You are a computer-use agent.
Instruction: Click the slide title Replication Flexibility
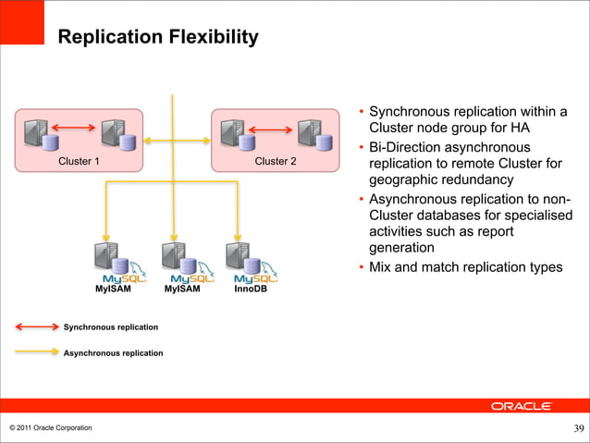tap(157, 37)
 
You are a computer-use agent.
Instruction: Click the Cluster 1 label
tap(80, 161)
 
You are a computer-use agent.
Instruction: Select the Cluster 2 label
tap(276, 161)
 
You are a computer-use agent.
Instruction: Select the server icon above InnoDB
tap(239, 255)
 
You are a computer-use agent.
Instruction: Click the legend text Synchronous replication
tap(110, 327)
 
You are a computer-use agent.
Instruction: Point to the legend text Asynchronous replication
tap(113, 353)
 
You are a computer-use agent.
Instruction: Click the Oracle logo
tap(521, 406)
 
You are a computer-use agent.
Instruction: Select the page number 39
tap(578, 427)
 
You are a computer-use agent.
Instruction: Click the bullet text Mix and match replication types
tap(465, 267)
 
